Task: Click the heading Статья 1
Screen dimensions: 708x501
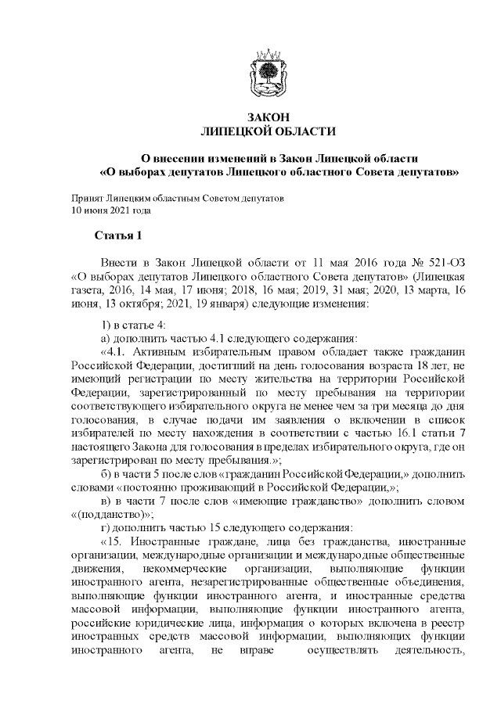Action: coord(117,235)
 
